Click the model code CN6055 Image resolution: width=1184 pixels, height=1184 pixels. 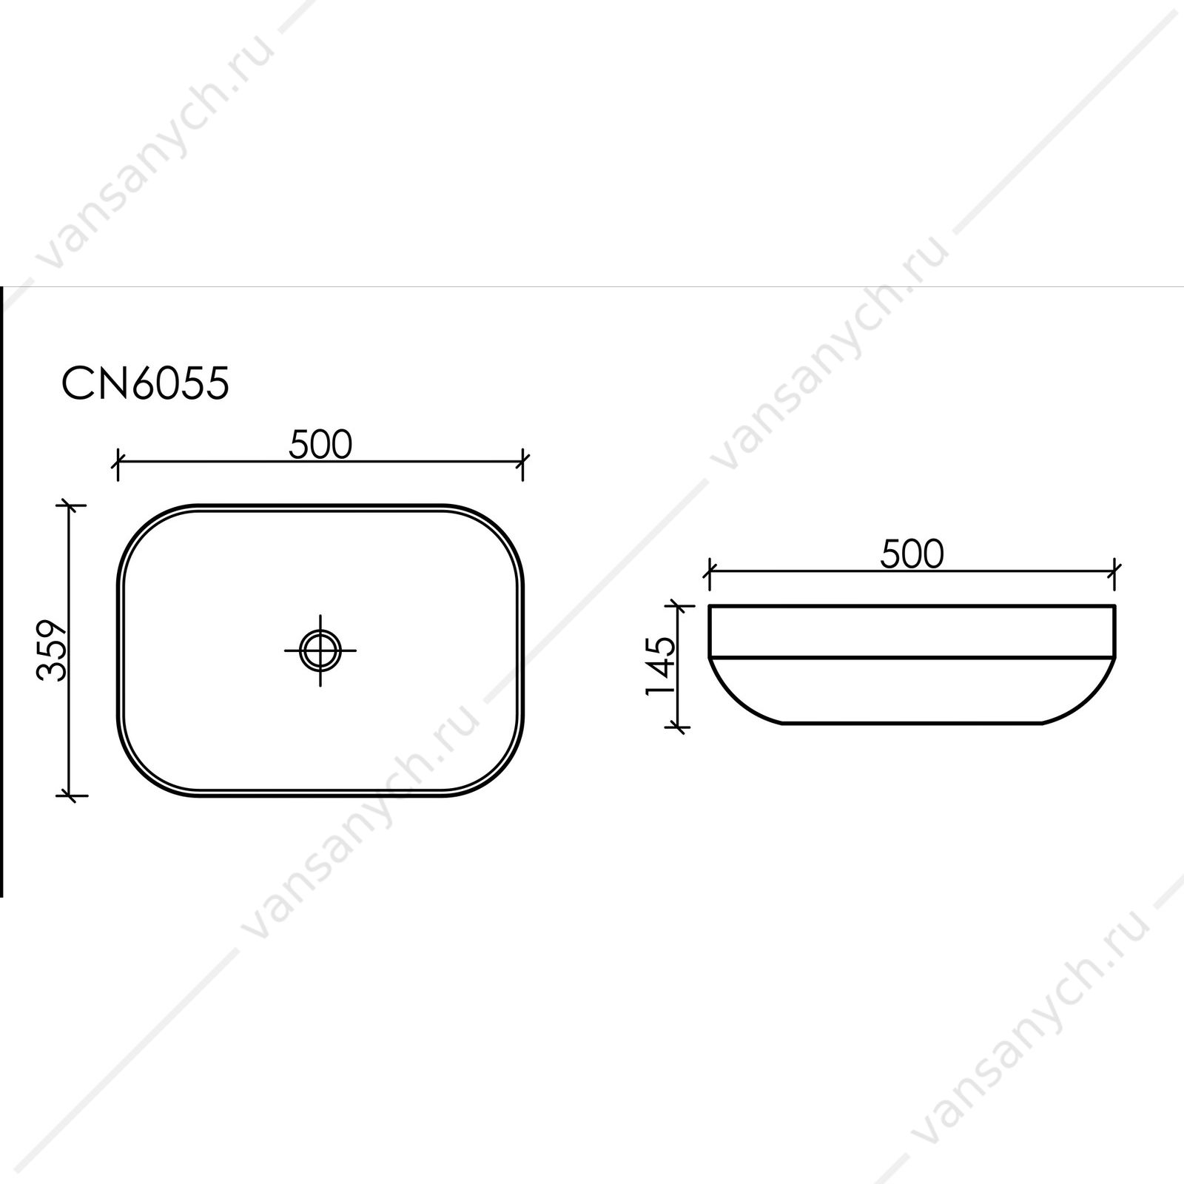click(145, 384)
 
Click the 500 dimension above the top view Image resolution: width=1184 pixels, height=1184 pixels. click(320, 445)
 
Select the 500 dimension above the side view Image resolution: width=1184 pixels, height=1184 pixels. click(912, 554)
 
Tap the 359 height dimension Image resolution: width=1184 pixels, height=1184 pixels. click(53, 650)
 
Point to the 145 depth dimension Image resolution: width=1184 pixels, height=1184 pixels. click(660, 665)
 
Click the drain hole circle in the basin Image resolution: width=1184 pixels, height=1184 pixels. click(320, 650)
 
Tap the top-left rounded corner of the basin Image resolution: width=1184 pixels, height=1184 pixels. click(152, 539)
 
